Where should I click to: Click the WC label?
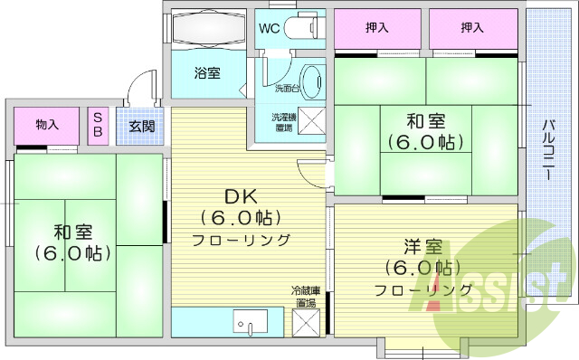(x=269, y=27)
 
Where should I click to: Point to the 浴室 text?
(x=208, y=73)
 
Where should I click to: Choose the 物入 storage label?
(x=47, y=125)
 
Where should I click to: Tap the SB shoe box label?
(x=99, y=126)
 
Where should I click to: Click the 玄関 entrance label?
(x=140, y=126)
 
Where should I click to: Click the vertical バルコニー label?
(x=548, y=149)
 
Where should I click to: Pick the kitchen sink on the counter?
(x=250, y=321)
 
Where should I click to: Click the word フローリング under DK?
(x=240, y=240)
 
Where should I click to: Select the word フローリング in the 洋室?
(x=424, y=289)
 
